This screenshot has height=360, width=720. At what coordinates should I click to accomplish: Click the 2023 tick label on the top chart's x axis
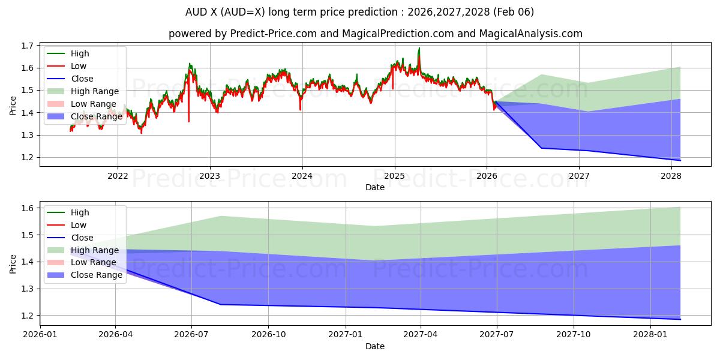(x=209, y=176)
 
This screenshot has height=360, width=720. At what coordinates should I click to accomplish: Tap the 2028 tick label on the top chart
(x=671, y=176)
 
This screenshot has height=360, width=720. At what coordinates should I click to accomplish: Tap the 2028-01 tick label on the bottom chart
(x=650, y=334)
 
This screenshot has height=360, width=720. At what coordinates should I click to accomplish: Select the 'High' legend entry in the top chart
(x=80, y=53)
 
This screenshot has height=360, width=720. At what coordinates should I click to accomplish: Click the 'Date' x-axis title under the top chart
(x=375, y=187)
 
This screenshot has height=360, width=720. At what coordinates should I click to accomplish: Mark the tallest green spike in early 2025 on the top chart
(x=419, y=49)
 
